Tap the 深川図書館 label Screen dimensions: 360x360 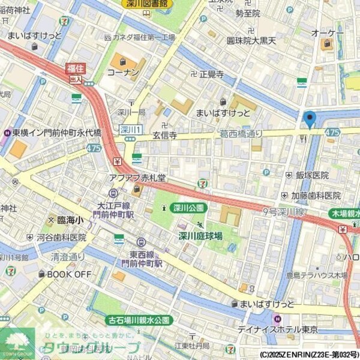coord(147,4)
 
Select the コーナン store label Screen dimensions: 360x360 coord(123,72)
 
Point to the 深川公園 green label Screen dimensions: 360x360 coord(188,208)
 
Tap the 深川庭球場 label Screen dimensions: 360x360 coord(200,236)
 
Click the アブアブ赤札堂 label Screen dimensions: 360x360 coord(136,178)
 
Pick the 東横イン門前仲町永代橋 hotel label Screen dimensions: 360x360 coord(57,133)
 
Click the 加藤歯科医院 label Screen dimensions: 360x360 coord(316,196)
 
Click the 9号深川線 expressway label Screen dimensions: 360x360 coord(284,212)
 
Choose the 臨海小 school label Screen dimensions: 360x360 coord(71,221)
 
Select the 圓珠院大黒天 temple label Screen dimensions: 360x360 coord(251,40)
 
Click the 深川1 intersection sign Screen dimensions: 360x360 coord(130,130)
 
